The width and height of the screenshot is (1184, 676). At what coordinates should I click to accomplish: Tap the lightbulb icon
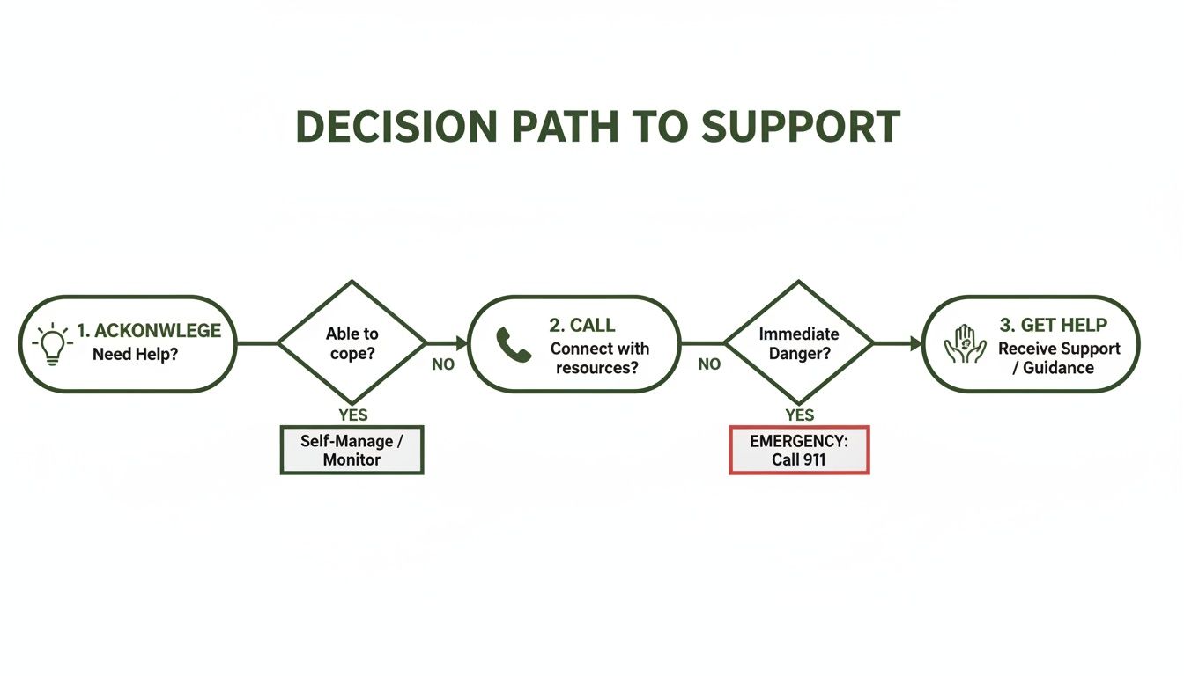(x=53, y=343)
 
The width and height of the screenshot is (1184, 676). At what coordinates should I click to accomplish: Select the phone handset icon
(x=514, y=344)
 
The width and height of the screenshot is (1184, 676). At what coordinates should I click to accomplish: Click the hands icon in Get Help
(x=965, y=344)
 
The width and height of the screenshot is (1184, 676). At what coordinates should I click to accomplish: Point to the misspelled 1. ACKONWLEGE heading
(x=148, y=331)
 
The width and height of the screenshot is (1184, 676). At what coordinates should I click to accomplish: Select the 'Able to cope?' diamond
(x=352, y=342)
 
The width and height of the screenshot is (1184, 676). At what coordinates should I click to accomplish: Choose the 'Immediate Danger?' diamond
(x=799, y=342)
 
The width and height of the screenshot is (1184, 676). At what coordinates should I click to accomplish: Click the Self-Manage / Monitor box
(x=352, y=450)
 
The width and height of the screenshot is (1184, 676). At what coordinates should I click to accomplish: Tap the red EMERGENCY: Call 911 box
(x=799, y=450)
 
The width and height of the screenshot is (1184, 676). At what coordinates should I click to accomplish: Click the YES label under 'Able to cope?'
(x=352, y=415)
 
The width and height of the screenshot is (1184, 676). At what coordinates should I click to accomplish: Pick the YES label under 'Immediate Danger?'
(x=799, y=415)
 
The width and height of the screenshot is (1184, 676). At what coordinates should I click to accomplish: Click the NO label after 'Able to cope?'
(x=443, y=364)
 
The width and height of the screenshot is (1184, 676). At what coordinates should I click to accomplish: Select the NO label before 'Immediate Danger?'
(x=709, y=364)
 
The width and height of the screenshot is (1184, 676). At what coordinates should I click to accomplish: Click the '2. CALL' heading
(x=582, y=327)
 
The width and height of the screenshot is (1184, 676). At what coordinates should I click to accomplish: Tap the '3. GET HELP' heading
(x=1053, y=327)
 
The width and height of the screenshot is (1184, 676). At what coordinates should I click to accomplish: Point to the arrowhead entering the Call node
(x=462, y=342)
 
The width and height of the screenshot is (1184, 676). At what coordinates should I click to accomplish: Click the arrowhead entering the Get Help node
(x=914, y=342)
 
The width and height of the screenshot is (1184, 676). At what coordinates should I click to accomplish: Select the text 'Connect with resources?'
(x=599, y=357)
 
